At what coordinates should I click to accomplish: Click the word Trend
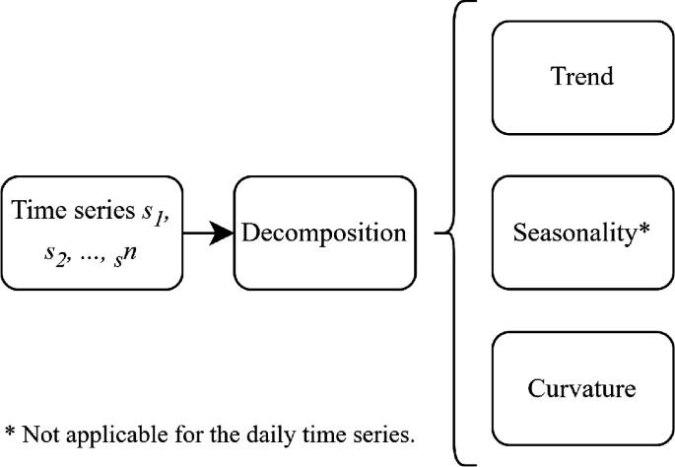(x=582, y=77)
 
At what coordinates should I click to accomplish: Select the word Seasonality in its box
(x=574, y=233)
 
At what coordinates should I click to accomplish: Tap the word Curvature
(x=581, y=388)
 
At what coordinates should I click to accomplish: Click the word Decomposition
(x=324, y=233)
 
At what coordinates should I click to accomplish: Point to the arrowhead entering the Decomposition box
(x=222, y=233)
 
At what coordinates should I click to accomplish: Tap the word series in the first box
(x=104, y=212)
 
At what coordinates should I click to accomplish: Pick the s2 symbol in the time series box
(x=56, y=257)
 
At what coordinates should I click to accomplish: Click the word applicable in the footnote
(x=116, y=435)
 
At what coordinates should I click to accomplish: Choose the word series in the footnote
(x=382, y=434)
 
